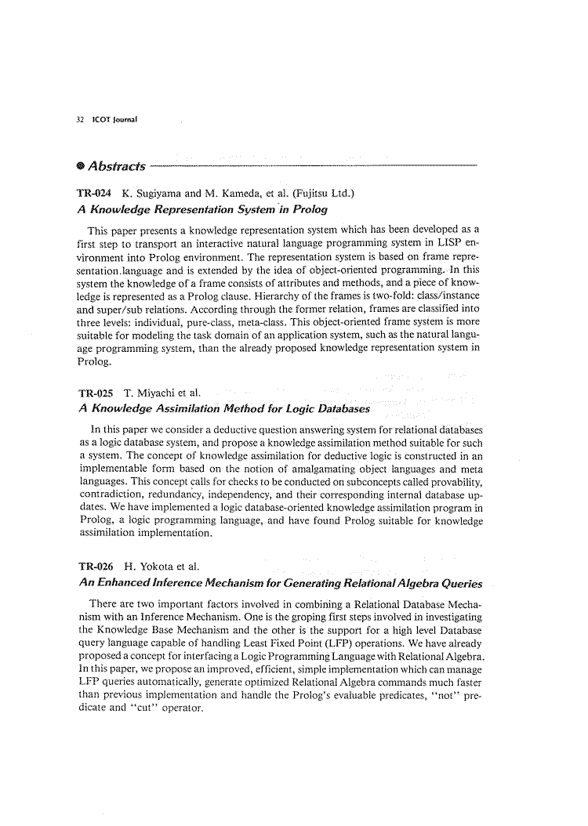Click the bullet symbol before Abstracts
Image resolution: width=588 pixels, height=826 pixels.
(x=82, y=166)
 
